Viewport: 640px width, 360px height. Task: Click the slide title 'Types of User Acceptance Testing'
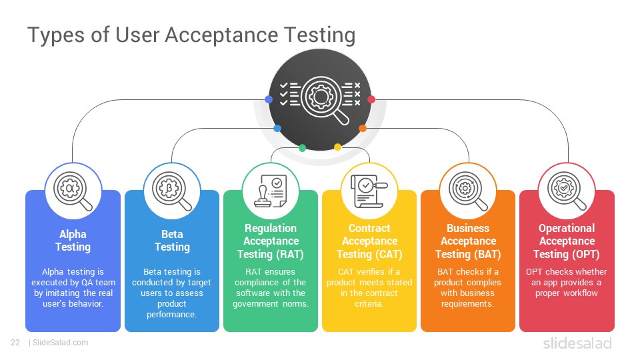191,35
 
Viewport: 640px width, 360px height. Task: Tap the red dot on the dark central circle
371,99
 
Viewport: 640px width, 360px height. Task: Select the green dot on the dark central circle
302,148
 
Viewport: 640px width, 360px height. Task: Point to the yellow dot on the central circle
337,147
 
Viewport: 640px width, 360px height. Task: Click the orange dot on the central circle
363,129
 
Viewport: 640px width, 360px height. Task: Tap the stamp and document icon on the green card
271,191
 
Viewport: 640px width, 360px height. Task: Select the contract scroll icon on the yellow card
369,191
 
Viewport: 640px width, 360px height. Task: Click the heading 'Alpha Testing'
73,241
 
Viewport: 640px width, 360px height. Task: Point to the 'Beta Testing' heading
172,241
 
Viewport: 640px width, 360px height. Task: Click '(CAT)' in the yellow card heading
389,254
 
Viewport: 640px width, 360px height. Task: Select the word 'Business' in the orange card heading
468,228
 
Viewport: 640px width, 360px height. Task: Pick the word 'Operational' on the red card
567,228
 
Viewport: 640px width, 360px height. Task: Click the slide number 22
15,343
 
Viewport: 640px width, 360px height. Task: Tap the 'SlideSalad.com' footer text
61,343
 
